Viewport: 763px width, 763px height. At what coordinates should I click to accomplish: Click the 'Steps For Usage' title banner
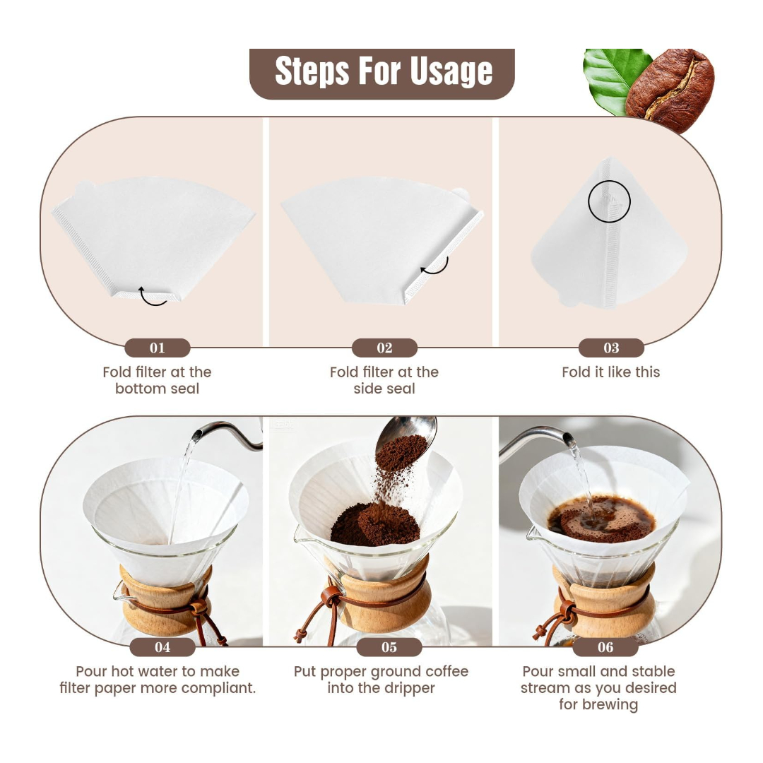coord(382,73)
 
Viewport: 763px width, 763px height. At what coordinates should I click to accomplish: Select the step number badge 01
coord(157,348)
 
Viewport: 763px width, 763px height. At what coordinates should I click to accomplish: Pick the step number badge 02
coord(384,348)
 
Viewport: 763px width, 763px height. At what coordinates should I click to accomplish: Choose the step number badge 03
coord(611,348)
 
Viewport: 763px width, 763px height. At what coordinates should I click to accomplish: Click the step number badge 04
coord(162,647)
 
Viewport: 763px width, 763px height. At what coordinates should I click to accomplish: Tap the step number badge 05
coord(389,647)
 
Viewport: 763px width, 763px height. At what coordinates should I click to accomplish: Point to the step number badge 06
coord(605,647)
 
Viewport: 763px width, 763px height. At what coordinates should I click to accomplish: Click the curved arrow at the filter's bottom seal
coord(152,303)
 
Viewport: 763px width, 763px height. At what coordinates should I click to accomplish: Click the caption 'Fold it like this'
coord(610,372)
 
